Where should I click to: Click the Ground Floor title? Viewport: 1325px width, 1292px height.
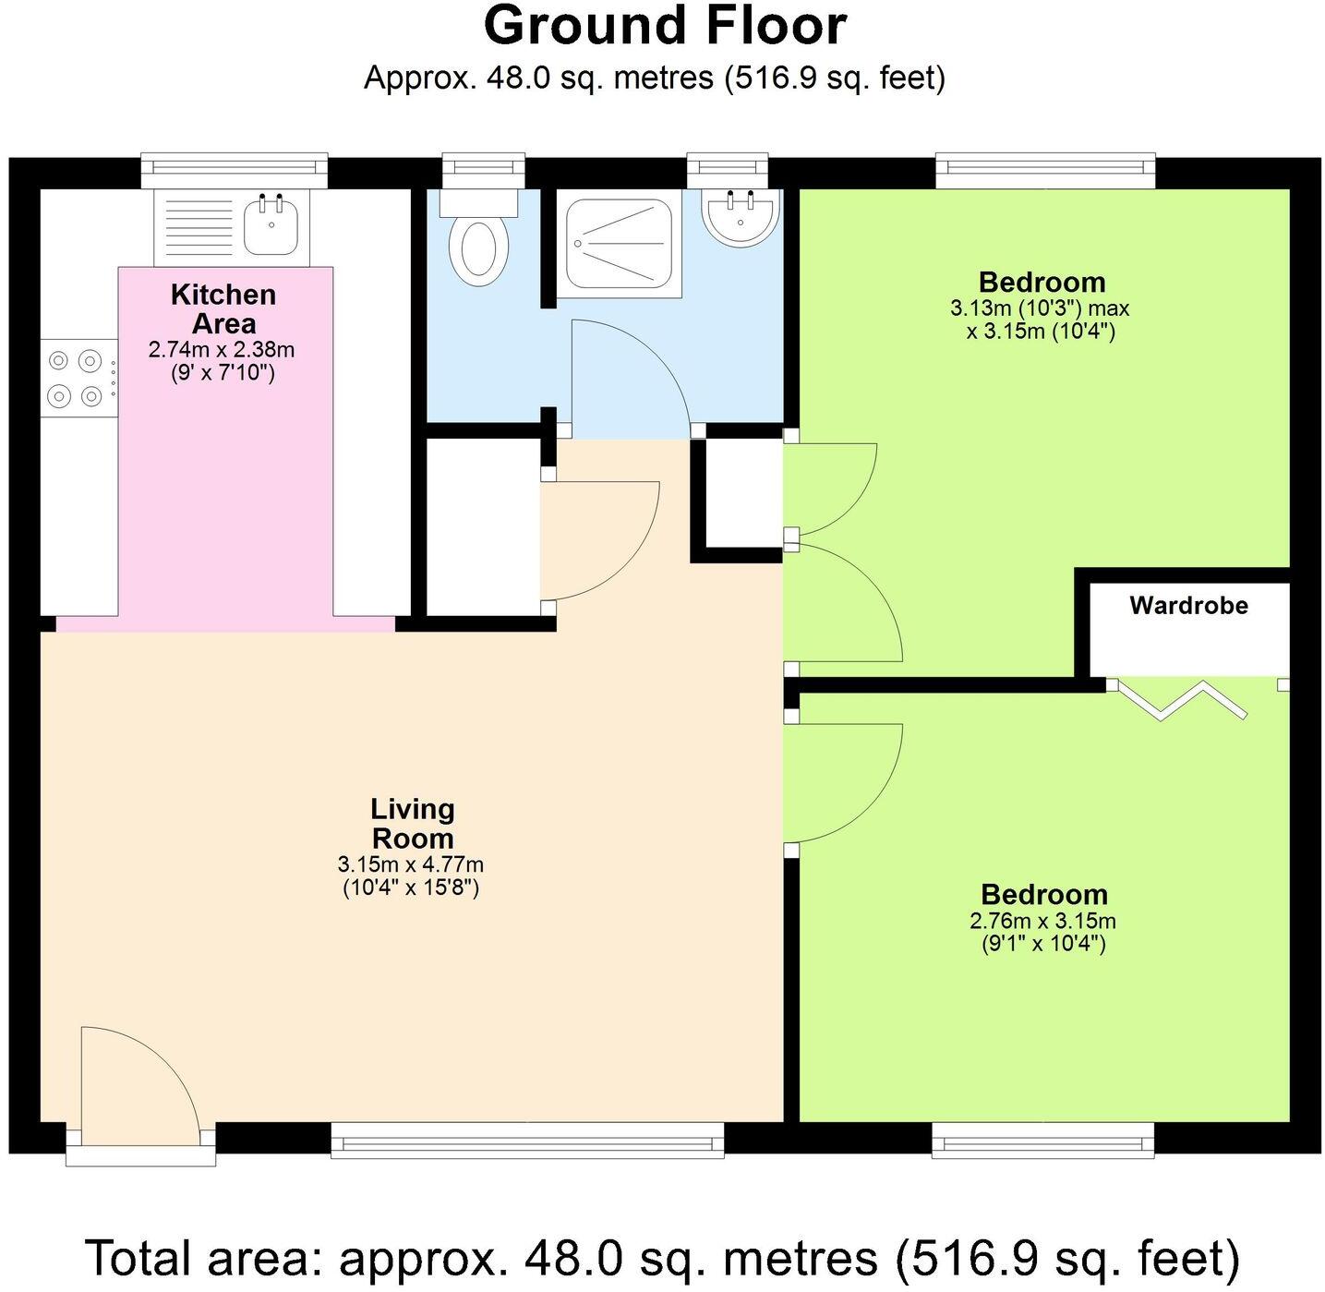[665, 26]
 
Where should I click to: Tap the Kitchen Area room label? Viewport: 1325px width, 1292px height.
[223, 309]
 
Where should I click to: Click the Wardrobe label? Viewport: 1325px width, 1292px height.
[1188, 606]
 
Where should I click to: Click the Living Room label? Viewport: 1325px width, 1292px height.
[412, 824]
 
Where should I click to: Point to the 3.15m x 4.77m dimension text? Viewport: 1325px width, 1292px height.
[411, 865]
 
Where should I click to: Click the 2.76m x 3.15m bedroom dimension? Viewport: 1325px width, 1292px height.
[1042, 921]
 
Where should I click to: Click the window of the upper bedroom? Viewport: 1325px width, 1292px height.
[1045, 171]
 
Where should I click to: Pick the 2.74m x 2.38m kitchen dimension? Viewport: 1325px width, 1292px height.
[222, 350]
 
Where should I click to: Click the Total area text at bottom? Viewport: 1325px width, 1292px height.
[662, 1258]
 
